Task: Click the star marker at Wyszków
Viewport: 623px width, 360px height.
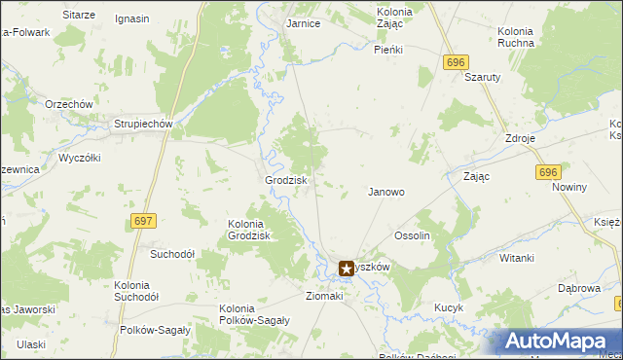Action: (x=346, y=268)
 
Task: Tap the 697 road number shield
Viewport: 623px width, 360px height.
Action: (x=142, y=222)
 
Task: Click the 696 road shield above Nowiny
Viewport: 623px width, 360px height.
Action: (x=548, y=171)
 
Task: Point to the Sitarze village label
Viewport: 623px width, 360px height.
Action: (x=79, y=16)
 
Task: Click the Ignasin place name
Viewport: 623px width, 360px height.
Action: (x=131, y=18)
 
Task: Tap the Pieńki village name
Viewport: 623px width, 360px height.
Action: (x=389, y=49)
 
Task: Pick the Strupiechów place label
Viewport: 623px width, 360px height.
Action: (x=142, y=125)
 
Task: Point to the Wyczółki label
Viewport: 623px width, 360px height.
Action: (x=81, y=157)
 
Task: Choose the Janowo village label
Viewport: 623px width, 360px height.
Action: (x=385, y=192)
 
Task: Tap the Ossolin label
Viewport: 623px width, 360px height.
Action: (x=412, y=235)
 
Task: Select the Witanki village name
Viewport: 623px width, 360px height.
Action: (x=517, y=258)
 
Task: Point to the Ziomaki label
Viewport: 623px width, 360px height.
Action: (x=325, y=295)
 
